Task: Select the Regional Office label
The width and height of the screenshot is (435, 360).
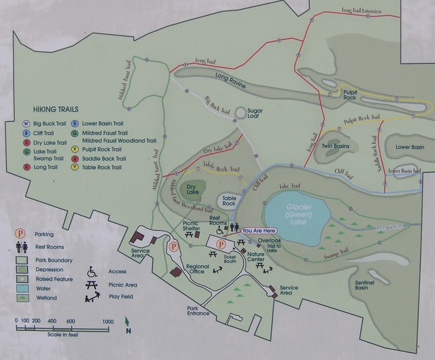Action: coord(197,270)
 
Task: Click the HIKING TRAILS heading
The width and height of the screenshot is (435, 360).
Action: coord(55,109)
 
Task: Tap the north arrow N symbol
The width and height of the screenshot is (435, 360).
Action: coord(128,331)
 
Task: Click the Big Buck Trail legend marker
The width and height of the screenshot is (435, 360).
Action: coord(27,123)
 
